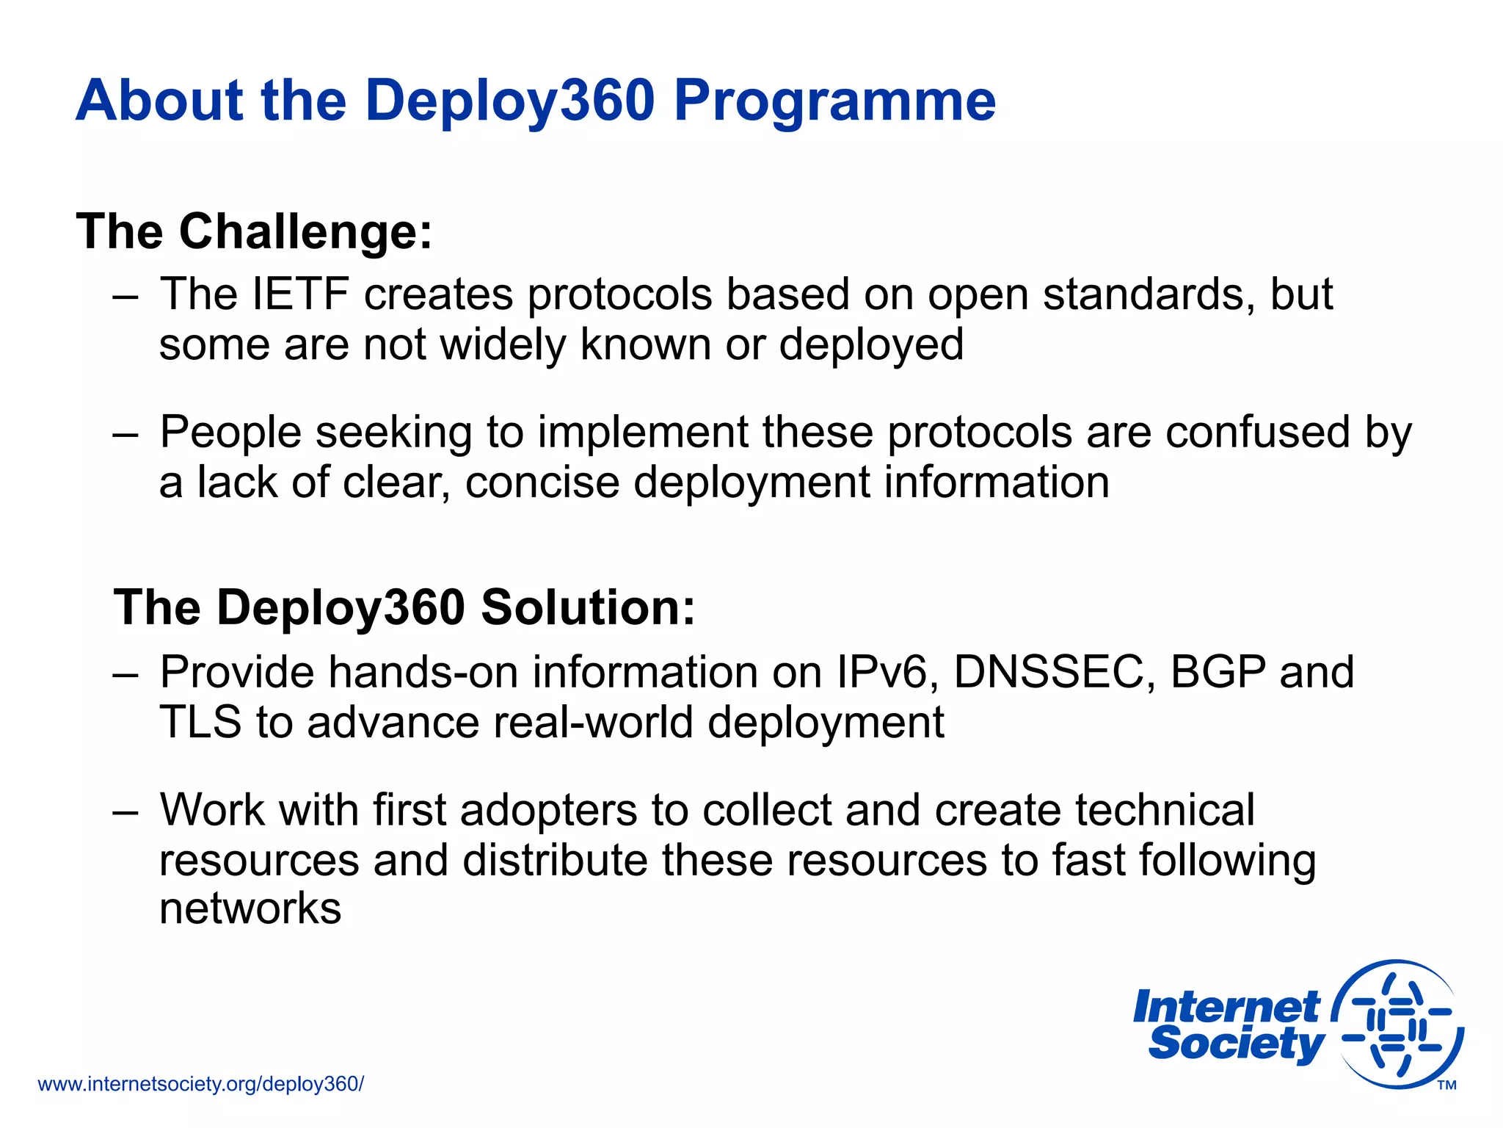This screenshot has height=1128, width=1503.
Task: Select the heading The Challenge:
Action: [254, 232]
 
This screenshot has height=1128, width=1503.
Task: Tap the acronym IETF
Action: [299, 294]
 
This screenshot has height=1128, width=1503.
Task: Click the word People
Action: [230, 433]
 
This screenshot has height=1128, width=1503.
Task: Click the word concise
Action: [542, 482]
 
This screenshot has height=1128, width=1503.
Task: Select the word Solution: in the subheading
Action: [588, 608]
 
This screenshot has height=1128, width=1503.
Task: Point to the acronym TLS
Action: [200, 722]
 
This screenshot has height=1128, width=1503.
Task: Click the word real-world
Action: [592, 722]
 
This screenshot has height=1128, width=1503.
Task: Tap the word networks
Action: [250, 909]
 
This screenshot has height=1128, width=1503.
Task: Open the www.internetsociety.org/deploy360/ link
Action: [200, 1084]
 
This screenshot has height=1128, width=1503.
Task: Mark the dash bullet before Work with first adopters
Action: [125, 811]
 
